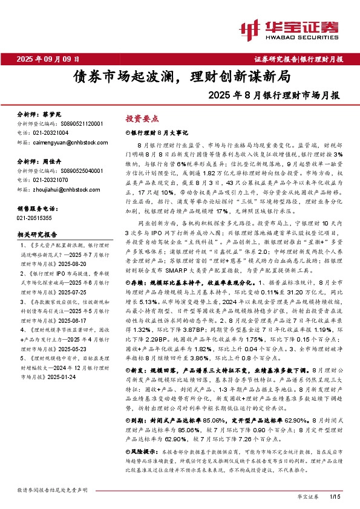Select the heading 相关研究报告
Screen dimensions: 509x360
(38, 234)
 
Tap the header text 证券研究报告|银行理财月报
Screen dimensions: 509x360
(298, 59)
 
